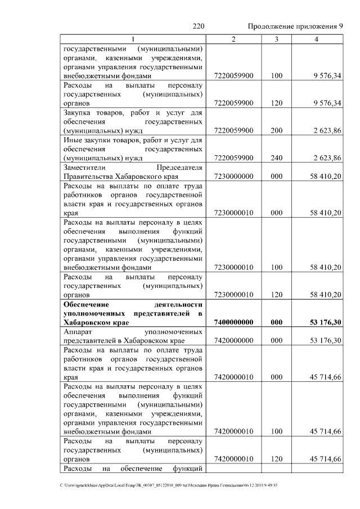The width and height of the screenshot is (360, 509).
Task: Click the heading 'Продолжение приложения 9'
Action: coord(295,27)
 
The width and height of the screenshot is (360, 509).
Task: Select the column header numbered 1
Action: coord(133,39)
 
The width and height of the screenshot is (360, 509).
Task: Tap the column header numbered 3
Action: coord(276,39)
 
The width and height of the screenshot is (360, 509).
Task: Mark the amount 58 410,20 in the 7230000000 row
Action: coord(325,176)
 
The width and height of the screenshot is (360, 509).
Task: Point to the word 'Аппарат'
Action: coord(78,331)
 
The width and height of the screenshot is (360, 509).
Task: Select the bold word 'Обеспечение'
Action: coord(88,304)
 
